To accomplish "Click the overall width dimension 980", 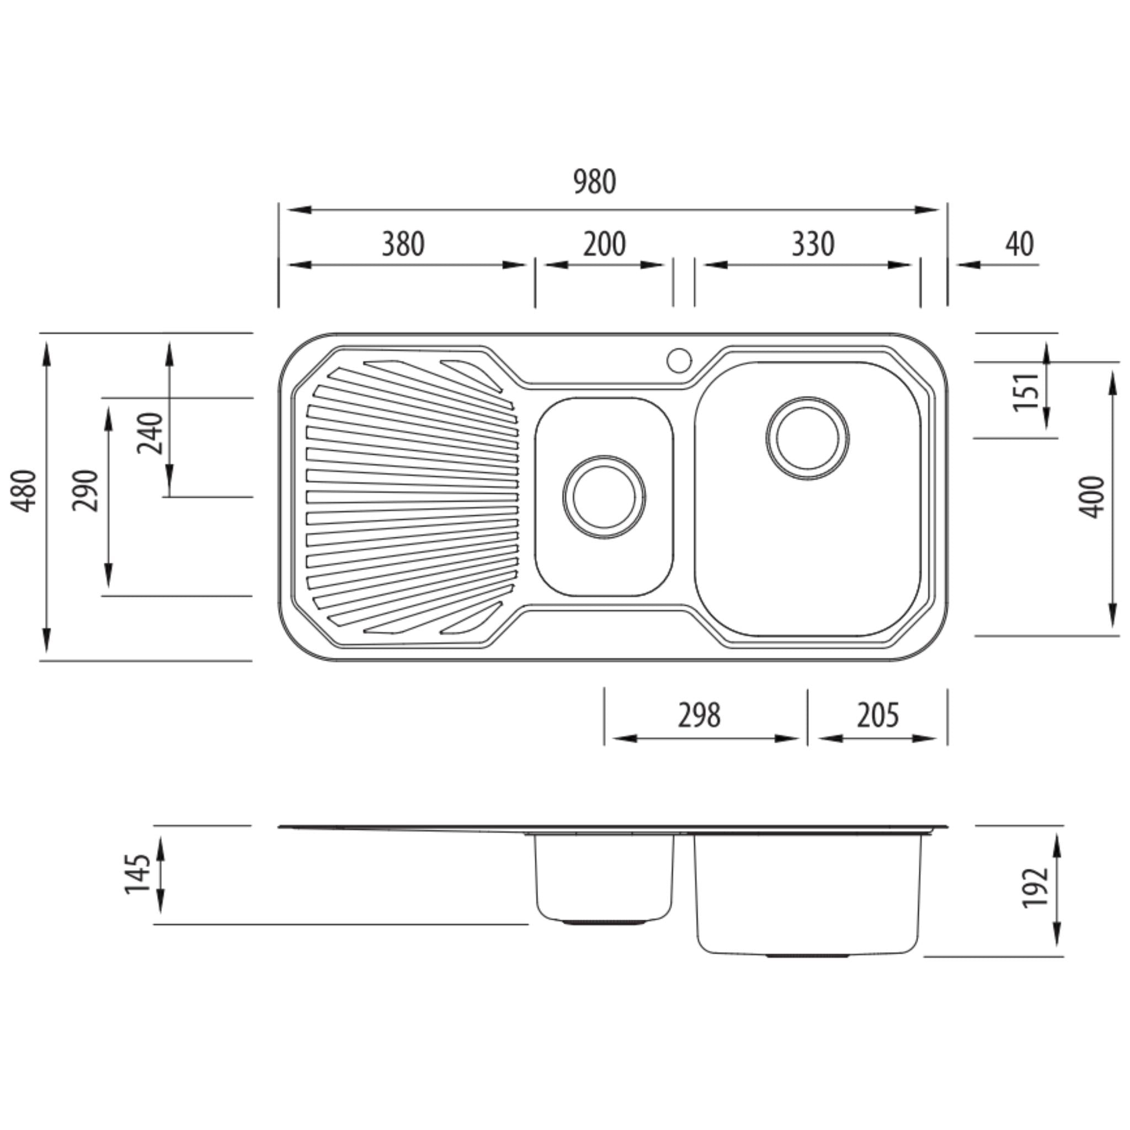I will tap(594, 182).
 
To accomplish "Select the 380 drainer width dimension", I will tap(403, 244).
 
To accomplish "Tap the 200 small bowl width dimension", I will tap(604, 244).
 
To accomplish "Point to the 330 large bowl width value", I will tap(813, 244).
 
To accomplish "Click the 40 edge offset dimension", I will tap(1020, 244).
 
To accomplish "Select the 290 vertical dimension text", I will tap(86, 490).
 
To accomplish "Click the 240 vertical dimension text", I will tap(150, 433).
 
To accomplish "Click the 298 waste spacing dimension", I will tap(699, 715).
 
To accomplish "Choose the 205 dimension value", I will tap(877, 715).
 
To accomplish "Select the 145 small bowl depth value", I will tap(138, 875).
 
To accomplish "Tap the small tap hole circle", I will tap(679, 360).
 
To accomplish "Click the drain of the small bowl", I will tap(604, 497).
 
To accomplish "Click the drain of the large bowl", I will tap(807, 438).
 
